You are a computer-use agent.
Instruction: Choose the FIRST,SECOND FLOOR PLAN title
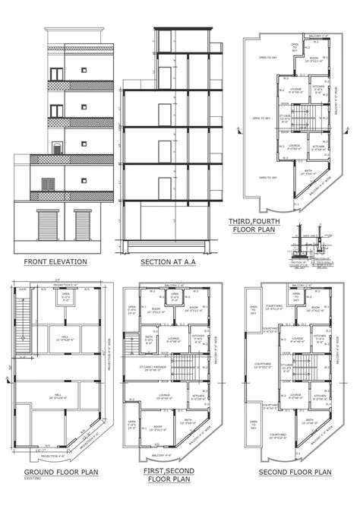point(169,476)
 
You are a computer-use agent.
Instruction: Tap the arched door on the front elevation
point(55,148)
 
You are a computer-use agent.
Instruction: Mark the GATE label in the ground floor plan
point(23,289)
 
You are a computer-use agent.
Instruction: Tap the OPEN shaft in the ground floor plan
point(65,298)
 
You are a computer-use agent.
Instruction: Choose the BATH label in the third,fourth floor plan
point(306,172)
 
